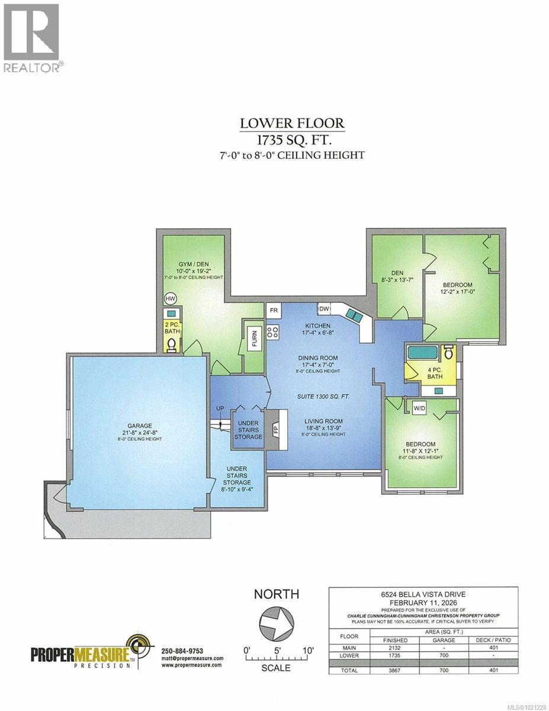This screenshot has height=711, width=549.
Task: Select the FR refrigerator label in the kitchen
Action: [x=274, y=310]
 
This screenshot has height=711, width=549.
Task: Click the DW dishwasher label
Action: [x=324, y=309]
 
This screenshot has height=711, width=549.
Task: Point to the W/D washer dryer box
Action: [x=420, y=408]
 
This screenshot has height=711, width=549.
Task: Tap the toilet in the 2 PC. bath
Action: [x=172, y=345]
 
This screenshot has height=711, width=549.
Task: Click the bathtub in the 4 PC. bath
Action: [x=422, y=354]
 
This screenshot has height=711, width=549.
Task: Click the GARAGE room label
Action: [x=139, y=425]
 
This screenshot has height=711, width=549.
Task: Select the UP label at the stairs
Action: [x=220, y=408]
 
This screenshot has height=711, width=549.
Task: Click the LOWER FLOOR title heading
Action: [x=291, y=123]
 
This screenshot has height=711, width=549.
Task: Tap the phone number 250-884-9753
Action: [x=183, y=649]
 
